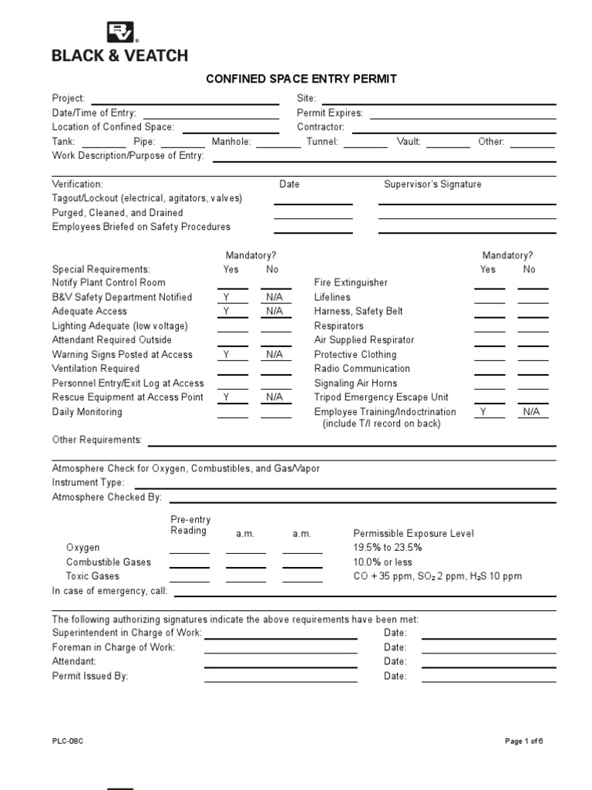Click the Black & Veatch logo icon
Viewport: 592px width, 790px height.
[x=122, y=32]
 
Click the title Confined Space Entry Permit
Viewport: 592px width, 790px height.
[x=301, y=79]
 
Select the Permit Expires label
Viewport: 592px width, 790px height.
[x=330, y=113]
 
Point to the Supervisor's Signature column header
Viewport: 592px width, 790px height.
[x=432, y=184]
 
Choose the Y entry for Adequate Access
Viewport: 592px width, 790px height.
[x=227, y=312]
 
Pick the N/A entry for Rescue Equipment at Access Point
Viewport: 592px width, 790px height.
[x=274, y=397]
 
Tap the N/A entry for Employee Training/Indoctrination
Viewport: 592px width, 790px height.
[x=531, y=412]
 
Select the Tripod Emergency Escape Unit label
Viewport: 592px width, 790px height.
[x=381, y=397]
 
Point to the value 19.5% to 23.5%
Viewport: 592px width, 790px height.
[x=388, y=548]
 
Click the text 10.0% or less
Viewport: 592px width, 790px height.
[x=382, y=562]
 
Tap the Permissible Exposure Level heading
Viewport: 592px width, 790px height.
[x=413, y=534]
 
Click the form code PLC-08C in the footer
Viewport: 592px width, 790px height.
[x=67, y=741]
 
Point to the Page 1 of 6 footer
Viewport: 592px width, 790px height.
[x=524, y=741]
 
